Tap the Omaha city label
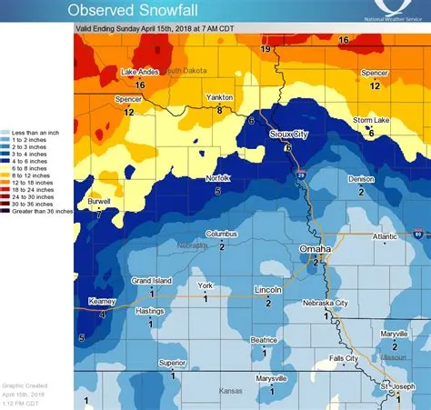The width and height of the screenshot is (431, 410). coord(316,248)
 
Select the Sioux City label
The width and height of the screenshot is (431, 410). coord(290,134)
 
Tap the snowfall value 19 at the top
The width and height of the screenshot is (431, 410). coord(266,48)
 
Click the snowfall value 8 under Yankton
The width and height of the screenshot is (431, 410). coord(219,109)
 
